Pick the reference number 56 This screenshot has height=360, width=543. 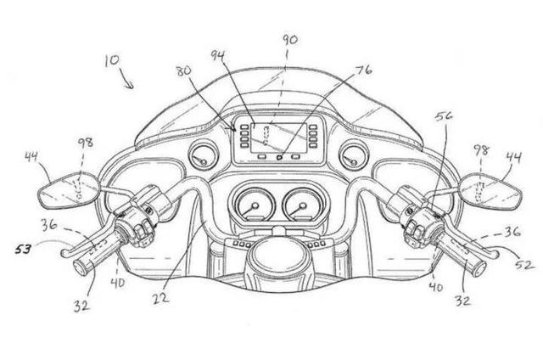pos(443,119)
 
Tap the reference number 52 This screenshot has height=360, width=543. pos(524,265)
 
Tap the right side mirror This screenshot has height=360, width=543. pos(490,191)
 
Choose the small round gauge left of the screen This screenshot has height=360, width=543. pos(203,155)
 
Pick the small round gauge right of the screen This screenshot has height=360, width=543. pos(352,155)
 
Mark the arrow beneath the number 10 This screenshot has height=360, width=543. pos(127,82)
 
